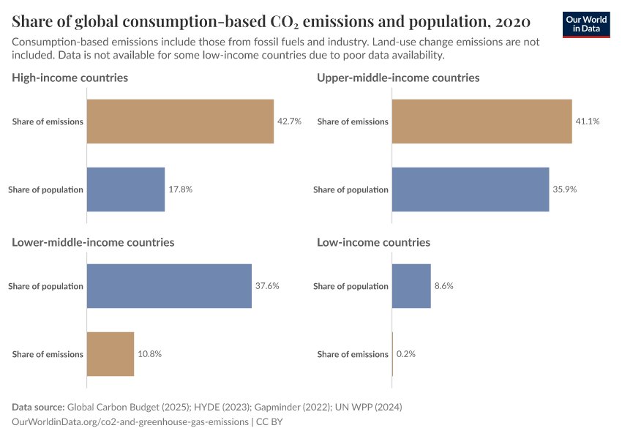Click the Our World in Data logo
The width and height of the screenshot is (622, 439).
tap(586, 24)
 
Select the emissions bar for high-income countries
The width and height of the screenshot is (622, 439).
tap(180, 121)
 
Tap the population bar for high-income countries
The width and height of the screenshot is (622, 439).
tap(126, 190)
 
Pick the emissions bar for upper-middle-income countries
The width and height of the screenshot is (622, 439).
tap(482, 121)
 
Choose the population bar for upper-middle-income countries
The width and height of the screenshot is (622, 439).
tap(471, 190)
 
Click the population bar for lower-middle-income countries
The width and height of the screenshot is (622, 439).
tap(169, 286)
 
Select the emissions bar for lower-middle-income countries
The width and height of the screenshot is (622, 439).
tap(110, 354)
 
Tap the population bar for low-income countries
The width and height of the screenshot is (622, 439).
tap(411, 286)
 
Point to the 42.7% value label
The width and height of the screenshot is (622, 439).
tap(289, 121)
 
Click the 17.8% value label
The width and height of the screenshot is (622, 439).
tap(180, 190)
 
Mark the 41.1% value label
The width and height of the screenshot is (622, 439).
tap(588, 121)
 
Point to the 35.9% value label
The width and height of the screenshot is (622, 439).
tap(565, 190)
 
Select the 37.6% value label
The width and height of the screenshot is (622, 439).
tap(267, 286)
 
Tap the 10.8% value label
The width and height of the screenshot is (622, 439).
tap(149, 354)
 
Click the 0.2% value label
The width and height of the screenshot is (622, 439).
tap(405, 354)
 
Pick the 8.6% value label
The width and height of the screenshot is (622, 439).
tap(443, 286)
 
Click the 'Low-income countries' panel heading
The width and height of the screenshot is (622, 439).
tap(373, 242)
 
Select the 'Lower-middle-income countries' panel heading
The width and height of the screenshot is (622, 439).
tap(93, 242)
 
